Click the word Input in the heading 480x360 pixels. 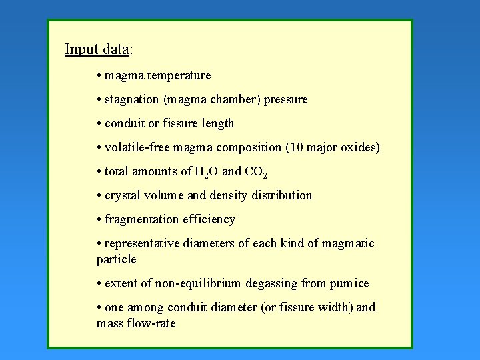pyautogui.click(x=81, y=49)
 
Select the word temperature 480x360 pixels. pyautogui.click(x=179, y=75)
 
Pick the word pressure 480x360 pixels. pyautogui.click(x=286, y=99)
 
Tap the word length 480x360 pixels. pyautogui.click(x=217, y=123)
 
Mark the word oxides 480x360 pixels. pyautogui.click(x=360, y=147)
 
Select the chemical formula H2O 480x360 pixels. pyautogui.click(x=205, y=172)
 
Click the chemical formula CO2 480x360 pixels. pyautogui.click(x=256, y=172)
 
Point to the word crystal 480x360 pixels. pyautogui.click(x=125, y=195)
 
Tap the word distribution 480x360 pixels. pyautogui.click(x=280, y=195)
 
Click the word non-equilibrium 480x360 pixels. pyautogui.click(x=199, y=283)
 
